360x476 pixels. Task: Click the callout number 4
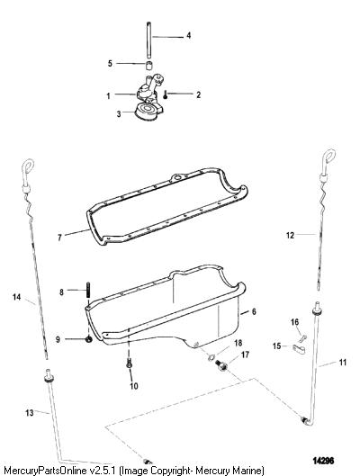coord(188,35)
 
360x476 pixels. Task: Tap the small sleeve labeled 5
coord(148,66)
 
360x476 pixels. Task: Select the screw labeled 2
coord(165,95)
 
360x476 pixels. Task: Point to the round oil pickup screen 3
coord(148,112)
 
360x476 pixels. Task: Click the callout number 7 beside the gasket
coord(59,238)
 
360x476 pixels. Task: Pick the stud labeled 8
coord(88,291)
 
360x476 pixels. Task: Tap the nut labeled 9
coord(88,340)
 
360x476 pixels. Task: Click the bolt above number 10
coord(129,363)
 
